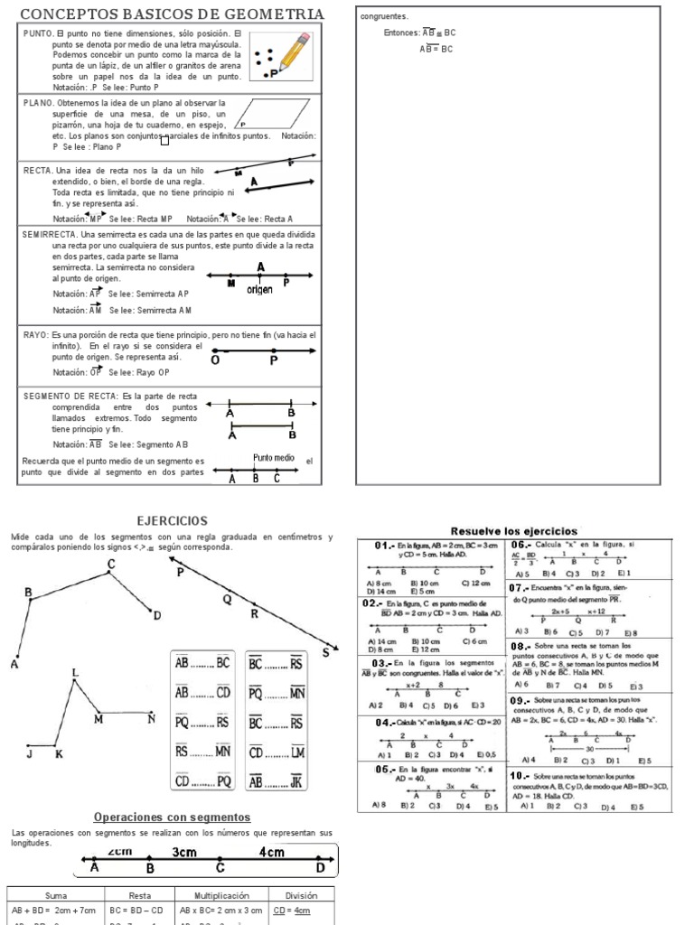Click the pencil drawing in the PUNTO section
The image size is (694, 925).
point(295,52)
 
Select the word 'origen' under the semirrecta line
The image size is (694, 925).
point(258,290)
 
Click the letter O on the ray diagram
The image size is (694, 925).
point(215,360)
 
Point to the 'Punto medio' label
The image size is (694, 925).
point(275,458)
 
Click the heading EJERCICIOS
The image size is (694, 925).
point(172,521)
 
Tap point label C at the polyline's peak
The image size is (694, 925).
point(111,565)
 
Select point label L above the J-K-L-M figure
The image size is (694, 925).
point(75,673)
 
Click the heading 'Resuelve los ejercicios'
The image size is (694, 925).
point(514,530)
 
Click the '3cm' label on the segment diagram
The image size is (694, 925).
point(185,852)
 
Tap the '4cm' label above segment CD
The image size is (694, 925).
point(271,852)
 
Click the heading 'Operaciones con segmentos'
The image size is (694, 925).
point(171,818)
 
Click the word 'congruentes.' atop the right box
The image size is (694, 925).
point(384,16)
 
